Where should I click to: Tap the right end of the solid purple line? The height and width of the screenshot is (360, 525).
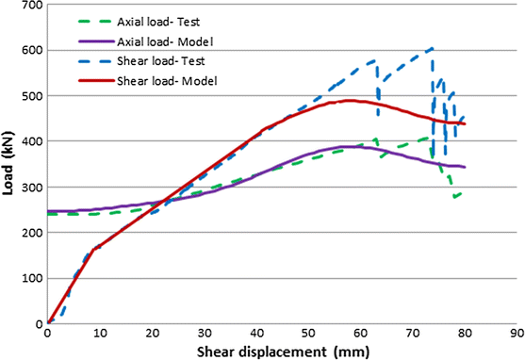point(465,167)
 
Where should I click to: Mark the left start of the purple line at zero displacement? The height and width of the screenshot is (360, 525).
point(48,211)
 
